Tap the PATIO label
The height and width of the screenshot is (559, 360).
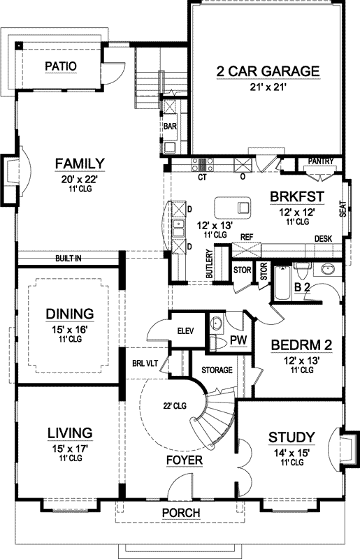click(x=60, y=66)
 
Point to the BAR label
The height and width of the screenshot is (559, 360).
click(x=169, y=127)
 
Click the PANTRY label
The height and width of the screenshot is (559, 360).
click(x=321, y=161)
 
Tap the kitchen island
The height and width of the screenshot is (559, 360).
click(x=232, y=207)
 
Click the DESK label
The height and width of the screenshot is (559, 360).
click(x=322, y=239)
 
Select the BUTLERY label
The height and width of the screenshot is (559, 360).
click(x=209, y=265)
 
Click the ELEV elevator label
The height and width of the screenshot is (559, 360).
click(x=186, y=331)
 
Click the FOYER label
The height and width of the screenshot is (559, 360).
click(x=185, y=460)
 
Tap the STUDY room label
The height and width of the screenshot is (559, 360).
click(x=291, y=437)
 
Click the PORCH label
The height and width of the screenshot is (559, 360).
click(x=180, y=514)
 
